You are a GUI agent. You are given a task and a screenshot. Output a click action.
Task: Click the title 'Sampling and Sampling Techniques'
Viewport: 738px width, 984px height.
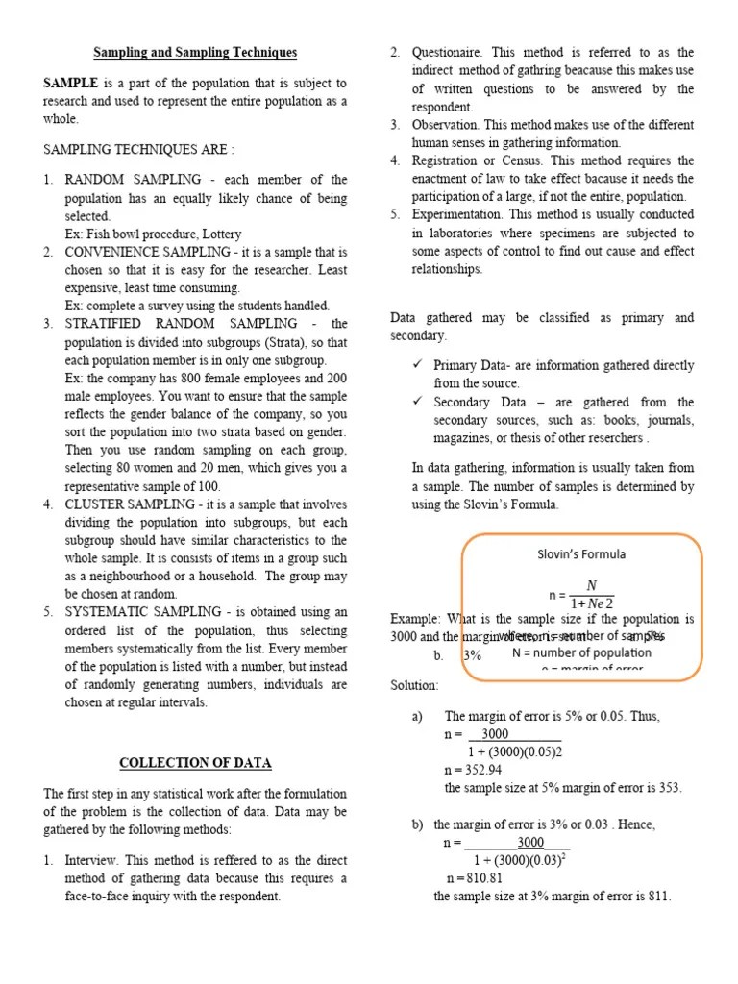195,53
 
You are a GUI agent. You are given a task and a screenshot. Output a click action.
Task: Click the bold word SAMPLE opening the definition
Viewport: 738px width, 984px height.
70,84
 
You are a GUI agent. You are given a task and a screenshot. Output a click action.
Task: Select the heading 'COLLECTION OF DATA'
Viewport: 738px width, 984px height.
195,763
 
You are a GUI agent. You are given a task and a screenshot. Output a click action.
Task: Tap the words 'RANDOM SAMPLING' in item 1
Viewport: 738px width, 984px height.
133,180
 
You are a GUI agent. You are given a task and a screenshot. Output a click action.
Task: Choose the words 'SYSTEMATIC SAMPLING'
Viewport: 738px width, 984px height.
138,612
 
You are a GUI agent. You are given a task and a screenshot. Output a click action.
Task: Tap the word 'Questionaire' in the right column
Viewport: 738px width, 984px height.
445,53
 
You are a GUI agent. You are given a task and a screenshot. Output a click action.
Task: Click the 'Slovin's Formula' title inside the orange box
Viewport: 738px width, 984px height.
581,554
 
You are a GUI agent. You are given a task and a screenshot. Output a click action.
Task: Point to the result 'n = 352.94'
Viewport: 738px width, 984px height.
474,770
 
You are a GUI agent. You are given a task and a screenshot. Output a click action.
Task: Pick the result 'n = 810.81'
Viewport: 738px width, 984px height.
475,878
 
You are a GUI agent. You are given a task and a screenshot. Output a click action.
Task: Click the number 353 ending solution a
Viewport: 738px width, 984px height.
669,788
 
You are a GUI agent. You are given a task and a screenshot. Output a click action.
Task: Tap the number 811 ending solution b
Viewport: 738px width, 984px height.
659,897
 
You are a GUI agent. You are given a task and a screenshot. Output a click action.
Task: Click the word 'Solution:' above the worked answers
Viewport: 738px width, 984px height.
414,685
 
